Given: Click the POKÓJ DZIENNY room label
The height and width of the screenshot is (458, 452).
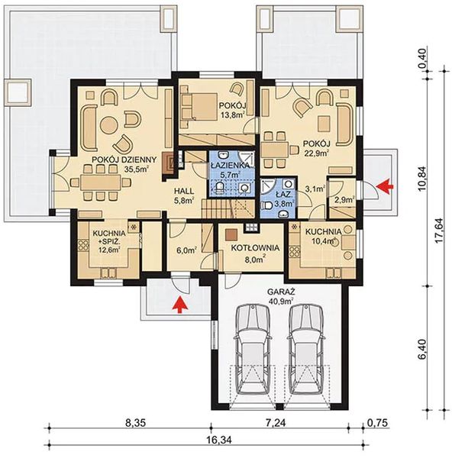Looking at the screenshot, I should coord(124,160).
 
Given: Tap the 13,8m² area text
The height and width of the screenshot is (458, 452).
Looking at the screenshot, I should coord(231,115).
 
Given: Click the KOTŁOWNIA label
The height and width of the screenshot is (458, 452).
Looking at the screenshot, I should coord(250,248).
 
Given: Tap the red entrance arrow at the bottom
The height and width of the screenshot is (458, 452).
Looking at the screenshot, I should coord(179,305).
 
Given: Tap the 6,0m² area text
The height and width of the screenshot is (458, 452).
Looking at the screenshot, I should coord(188,249).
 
